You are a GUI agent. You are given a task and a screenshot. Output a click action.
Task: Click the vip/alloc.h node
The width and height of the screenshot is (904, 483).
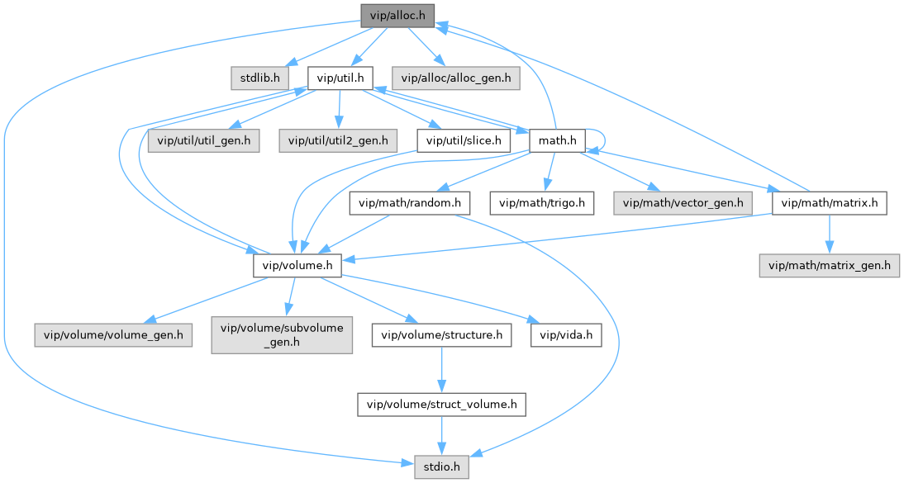[397, 15]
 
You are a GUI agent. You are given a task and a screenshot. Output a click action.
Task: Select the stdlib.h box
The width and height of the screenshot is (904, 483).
[259, 78]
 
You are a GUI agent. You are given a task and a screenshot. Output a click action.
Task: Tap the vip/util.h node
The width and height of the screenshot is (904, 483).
[340, 78]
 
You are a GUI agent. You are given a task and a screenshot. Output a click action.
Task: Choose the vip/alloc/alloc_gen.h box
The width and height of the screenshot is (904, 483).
[455, 78]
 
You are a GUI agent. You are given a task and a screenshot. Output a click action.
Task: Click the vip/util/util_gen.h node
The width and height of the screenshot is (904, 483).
[204, 140]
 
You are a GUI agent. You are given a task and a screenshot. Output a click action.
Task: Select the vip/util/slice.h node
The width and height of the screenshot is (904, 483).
[463, 140]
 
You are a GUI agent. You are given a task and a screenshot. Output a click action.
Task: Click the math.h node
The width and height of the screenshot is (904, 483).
[557, 140]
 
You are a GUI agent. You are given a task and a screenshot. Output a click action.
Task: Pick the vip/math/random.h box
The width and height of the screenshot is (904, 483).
[410, 203]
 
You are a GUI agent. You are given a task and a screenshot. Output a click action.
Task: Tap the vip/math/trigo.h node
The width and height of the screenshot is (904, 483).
[542, 203]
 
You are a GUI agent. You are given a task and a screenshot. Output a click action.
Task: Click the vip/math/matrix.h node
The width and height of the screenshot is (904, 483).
[829, 203]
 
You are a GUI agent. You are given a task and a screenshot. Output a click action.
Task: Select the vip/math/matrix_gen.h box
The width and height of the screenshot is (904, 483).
[829, 266]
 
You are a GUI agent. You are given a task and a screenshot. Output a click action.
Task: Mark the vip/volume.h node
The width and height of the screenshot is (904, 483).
[297, 266]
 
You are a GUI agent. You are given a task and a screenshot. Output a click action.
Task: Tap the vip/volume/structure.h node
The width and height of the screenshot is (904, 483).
[441, 335]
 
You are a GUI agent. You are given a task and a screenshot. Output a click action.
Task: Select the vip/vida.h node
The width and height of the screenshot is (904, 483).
[567, 335]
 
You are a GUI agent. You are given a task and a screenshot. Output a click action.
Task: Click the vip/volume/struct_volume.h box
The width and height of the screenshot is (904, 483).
[441, 405]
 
